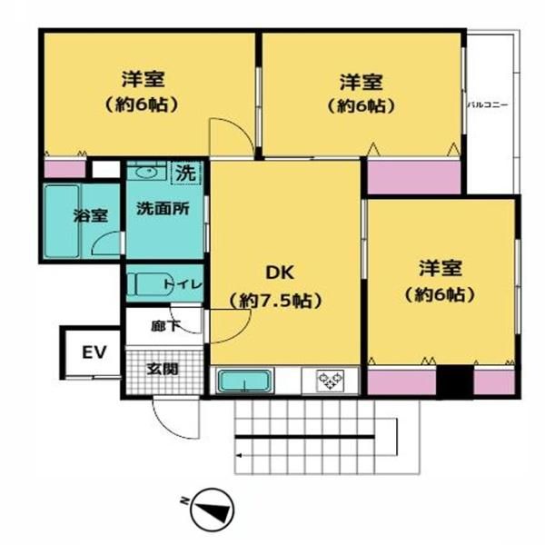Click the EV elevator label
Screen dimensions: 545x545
(94, 352)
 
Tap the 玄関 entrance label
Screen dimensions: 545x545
(163, 369)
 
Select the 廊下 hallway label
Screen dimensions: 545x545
(165, 326)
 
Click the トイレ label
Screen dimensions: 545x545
(183, 284)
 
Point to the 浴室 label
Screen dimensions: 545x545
(90, 215)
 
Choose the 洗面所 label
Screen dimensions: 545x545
(163, 209)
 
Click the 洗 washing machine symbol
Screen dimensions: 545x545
(186, 173)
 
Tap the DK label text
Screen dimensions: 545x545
(280, 272)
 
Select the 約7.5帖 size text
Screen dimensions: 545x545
(275, 301)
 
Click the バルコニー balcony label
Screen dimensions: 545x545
(487, 104)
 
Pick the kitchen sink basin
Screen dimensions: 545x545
(244, 381)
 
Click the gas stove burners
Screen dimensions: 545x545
(330, 380)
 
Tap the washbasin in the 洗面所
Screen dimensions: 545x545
(147, 172)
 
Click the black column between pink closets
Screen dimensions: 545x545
(455, 381)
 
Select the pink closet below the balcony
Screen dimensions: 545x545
(414, 177)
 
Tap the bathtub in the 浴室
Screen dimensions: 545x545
(62, 221)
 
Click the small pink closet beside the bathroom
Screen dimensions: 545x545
(64, 169)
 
